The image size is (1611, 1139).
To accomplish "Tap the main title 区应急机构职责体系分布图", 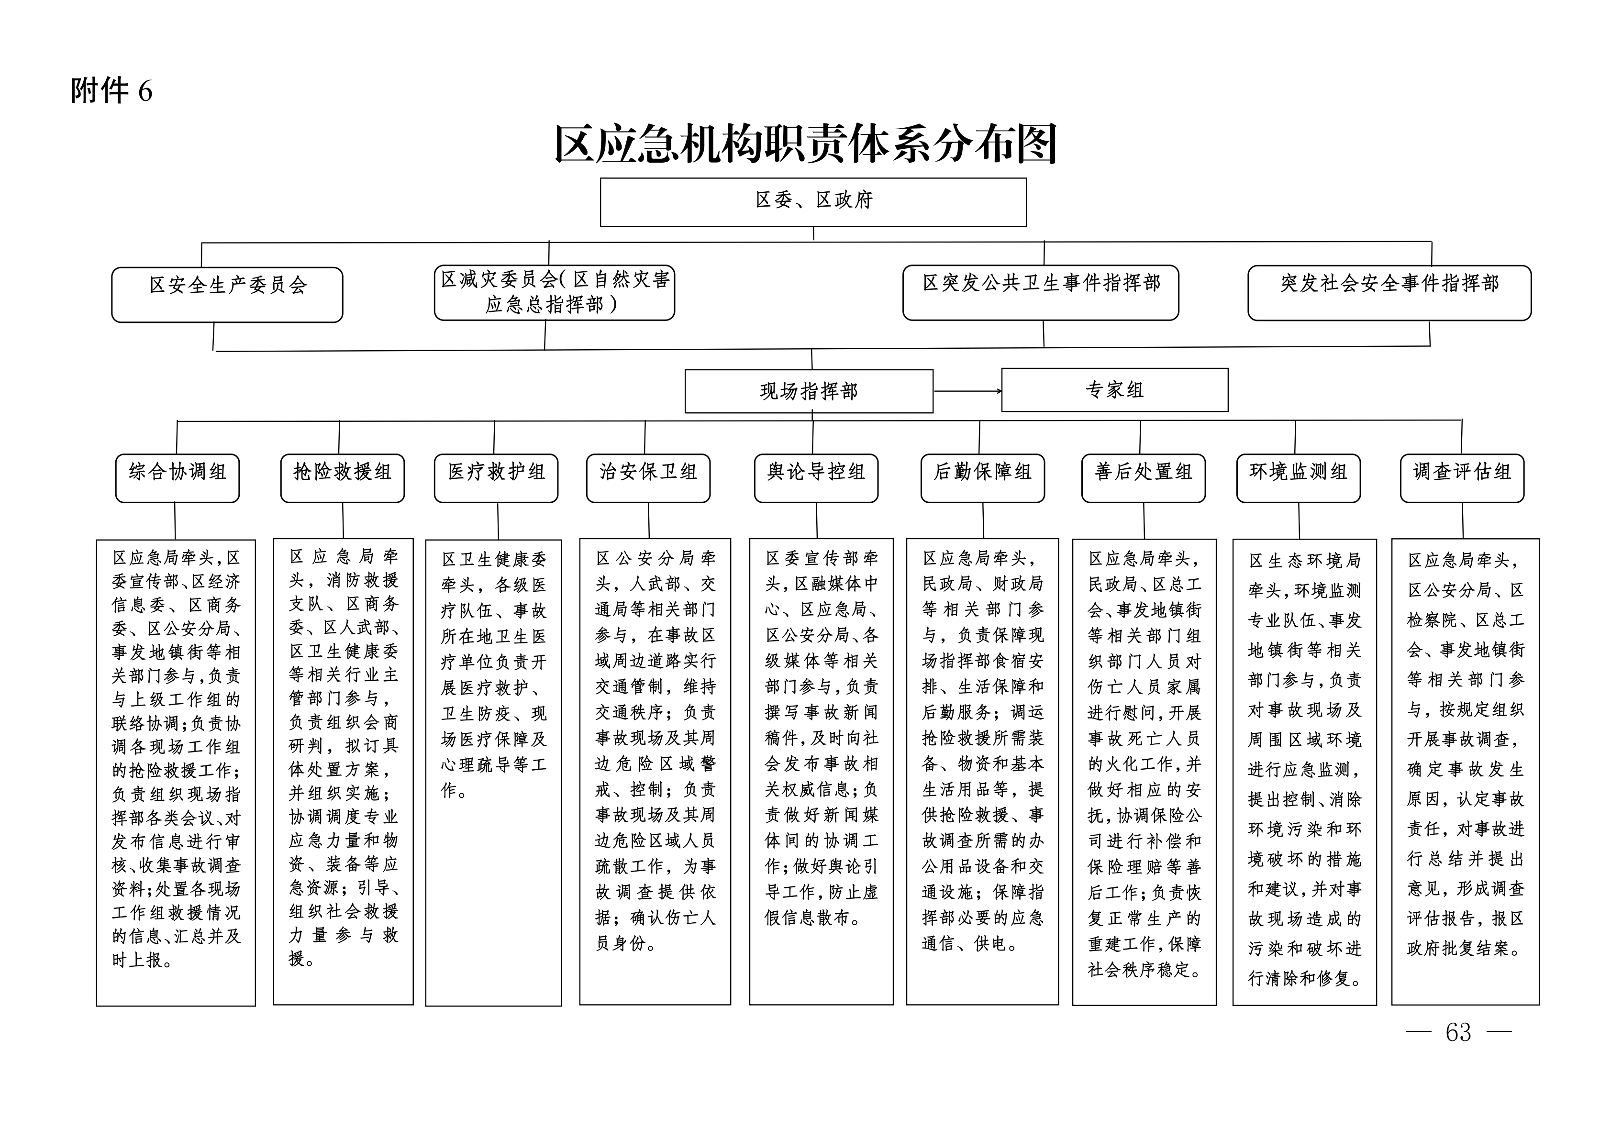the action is pos(806,144).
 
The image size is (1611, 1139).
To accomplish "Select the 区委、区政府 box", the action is pos(813,202).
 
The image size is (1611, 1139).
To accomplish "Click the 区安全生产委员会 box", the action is pos(227,295).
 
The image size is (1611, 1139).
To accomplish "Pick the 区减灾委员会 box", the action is pos(555,292).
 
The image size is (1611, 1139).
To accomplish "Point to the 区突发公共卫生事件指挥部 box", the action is pos(1041,292).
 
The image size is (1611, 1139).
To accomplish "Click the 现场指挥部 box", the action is pos(809,391).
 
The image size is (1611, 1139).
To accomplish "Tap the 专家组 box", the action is pos(1115,390).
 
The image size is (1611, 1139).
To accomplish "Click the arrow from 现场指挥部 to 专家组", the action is pos(967,391).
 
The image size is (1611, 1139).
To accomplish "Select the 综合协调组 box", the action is pos(178,478).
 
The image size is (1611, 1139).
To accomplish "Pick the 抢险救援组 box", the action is pos(343,478).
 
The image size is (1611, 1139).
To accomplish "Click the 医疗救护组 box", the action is pos(496,478).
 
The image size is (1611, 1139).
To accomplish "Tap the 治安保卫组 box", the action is pos(648,478).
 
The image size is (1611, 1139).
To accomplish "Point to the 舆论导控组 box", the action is pos(816,478).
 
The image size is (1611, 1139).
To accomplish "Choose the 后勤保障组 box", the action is pos(982,478).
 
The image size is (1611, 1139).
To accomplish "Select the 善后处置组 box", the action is pos(1144,478).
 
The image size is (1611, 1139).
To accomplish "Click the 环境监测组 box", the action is pos(1299,478).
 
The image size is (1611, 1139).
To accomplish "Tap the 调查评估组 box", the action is pos(1462,478).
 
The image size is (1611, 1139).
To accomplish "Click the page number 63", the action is pos(1458,1032).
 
